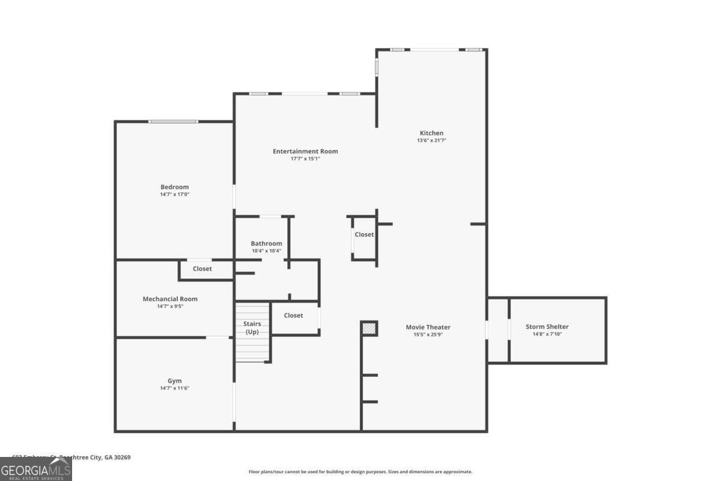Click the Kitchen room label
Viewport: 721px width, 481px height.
[431, 133]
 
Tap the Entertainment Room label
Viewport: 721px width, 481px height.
[305, 151]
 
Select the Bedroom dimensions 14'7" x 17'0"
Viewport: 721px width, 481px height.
[174, 195]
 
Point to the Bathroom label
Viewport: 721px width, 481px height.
[266, 244]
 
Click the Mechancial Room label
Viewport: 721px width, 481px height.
[170, 299]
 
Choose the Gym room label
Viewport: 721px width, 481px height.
[174, 381]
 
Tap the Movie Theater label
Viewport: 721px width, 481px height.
[428, 327]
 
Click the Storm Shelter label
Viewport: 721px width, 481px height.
[547, 326]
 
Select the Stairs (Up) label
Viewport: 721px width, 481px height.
[252, 328]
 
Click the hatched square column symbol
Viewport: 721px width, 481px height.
[369, 328]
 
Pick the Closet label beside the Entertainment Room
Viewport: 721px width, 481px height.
[364, 234]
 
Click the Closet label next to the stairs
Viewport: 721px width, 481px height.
[293, 315]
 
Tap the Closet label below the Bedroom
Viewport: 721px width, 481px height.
[202, 269]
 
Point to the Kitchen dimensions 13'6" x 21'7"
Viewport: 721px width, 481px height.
[431, 141]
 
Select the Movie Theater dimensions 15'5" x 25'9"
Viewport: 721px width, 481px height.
[428, 335]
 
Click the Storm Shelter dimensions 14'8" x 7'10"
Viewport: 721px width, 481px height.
[547, 334]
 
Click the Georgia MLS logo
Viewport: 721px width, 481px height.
[36, 469]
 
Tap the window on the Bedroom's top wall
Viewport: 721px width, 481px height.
[173, 121]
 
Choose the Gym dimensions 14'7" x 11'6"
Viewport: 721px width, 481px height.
[174, 388]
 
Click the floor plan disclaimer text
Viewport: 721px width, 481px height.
[360, 472]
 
